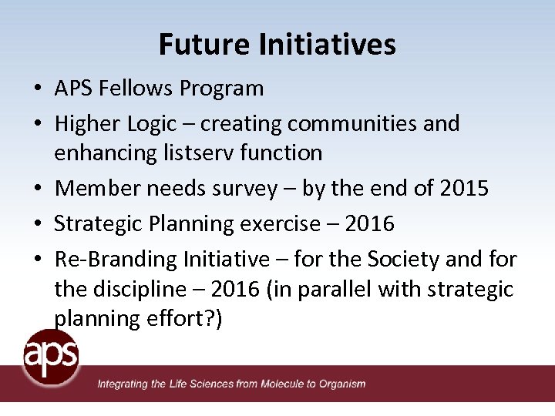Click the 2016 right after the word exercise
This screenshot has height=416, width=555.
(369, 224)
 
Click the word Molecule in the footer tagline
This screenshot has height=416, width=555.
(286, 384)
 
